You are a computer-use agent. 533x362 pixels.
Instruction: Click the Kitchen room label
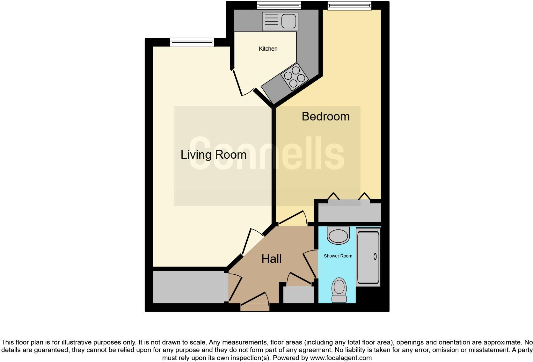point(268,49)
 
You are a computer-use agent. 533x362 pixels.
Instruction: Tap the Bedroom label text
point(325,116)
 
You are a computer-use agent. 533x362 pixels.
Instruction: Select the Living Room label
point(213,155)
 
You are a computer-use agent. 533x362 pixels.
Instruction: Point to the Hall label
point(271,259)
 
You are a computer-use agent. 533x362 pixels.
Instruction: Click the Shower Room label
point(338,256)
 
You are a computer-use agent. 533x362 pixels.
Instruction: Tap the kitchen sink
point(280,21)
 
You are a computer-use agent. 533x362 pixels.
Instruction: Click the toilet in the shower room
point(339,289)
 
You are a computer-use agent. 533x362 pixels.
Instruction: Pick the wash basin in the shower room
point(338,235)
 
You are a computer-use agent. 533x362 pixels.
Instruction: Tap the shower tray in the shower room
point(368,257)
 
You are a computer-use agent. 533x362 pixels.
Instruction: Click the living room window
point(192,42)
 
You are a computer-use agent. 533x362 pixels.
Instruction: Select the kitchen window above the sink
point(279,5)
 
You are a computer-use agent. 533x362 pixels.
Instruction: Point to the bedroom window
point(349,5)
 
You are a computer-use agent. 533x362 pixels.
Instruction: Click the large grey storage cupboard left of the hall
point(189,287)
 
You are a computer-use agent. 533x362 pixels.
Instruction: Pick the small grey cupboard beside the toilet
point(299,295)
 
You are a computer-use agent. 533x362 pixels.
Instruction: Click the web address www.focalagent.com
point(341,358)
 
